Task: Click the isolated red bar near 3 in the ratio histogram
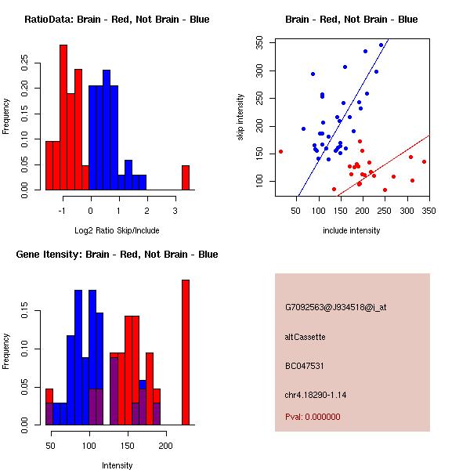[x=186, y=178]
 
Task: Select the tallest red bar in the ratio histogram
[x=63, y=117]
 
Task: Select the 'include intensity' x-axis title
[x=351, y=231]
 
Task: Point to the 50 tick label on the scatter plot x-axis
[x=296, y=211]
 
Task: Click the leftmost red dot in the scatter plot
[x=280, y=151]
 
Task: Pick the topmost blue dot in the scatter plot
[x=381, y=45]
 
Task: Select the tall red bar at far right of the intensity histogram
[x=186, y=352]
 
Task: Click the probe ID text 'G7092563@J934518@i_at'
[x=336, y=307]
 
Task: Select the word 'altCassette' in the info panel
[x=305, y=337]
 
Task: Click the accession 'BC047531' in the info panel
[x=305, y=366]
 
